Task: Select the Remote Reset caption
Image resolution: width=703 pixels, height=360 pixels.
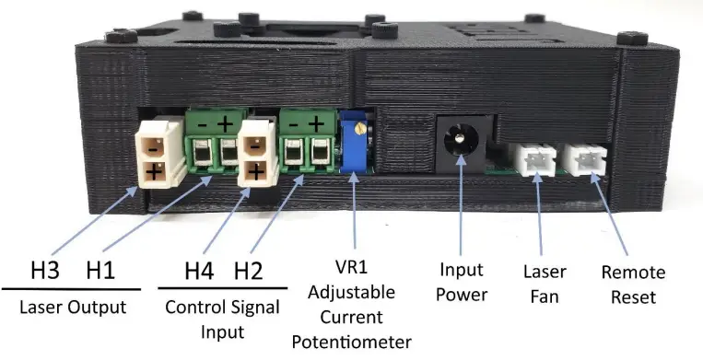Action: [632, 284]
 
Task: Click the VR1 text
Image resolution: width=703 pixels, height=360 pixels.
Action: [357, 272]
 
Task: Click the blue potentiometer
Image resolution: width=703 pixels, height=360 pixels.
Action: [354, 146]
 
